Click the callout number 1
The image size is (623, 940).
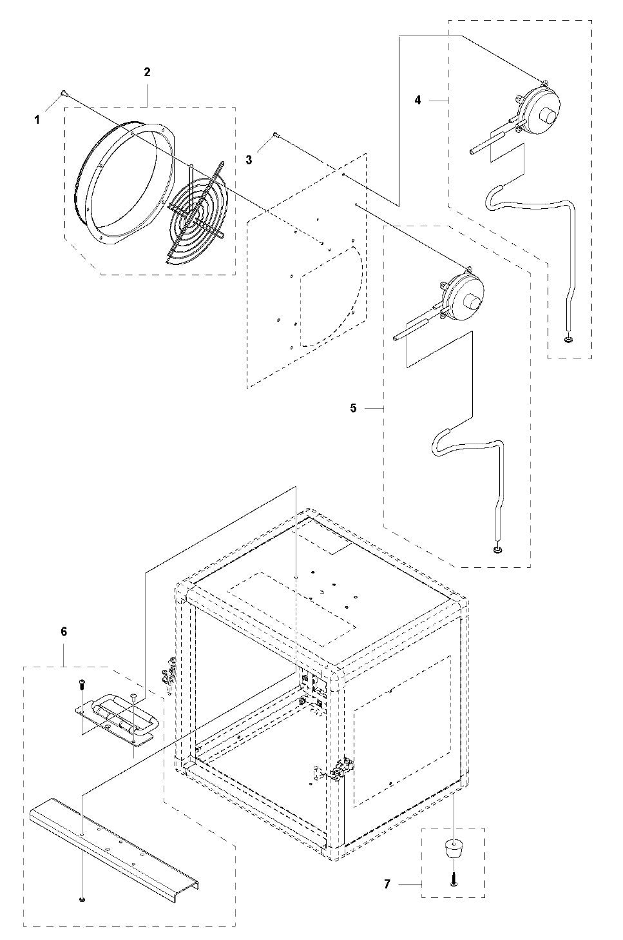(x=37, y=119)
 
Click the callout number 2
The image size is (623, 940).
(x=147, y=72)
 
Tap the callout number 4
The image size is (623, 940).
(x=418, y=100)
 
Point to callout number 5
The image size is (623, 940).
(x=353, y=408)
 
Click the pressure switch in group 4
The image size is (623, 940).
(x=540, y=106)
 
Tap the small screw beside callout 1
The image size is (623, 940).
(x=64, y=93)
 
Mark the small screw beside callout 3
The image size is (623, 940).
(x=275, y=134)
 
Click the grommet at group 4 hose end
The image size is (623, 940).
(x=568, y=339)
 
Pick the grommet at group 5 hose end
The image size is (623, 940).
(x=497, y=549)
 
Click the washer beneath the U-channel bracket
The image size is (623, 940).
(x=82, y=899)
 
